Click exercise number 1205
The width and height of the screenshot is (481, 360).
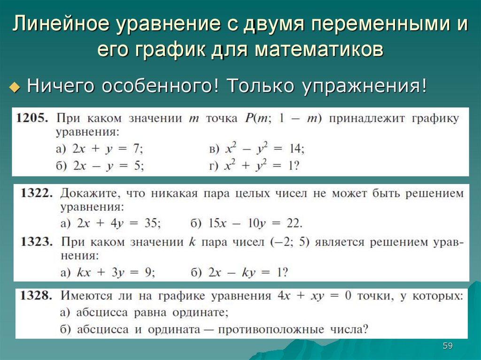click(x=32, y=118)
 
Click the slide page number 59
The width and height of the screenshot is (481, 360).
click(x=448, y=346)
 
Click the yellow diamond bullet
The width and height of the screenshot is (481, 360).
click(x=15, y=87)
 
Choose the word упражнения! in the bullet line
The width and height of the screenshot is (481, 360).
click(x=365, y=86)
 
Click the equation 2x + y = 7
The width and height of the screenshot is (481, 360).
click(x=108, y=149)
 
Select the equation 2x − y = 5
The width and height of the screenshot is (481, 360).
click(x=108, y=166)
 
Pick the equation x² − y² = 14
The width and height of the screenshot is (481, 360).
click(x=265, y=148)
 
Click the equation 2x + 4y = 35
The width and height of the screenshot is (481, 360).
click(x=119, y=223)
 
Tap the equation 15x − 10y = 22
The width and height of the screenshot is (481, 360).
click(x=255, y=223)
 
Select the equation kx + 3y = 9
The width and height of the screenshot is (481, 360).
click(x=116, y=272)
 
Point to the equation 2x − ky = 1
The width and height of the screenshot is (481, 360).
click(x=248, y=272)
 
